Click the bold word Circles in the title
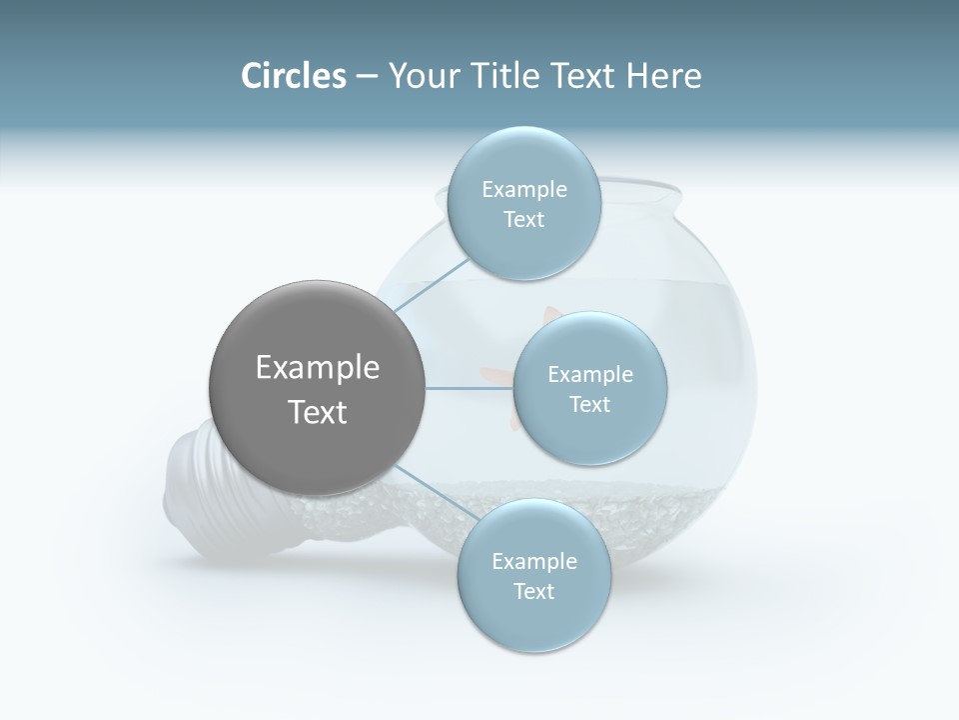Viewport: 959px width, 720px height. click(293, 76)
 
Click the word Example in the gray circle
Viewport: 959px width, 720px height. click(317, 368)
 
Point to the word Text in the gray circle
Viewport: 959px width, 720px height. click(317, 412)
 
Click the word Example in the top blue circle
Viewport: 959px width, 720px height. click(523, 189)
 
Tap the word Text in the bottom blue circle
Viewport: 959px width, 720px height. click(533, 591)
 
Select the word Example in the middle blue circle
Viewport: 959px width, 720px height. click(589, 374)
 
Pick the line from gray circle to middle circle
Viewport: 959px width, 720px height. click(470, 388)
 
